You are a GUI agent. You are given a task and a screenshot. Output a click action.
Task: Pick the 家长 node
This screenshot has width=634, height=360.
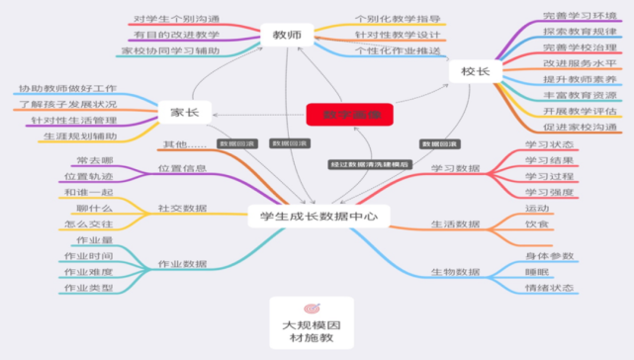(185, 112)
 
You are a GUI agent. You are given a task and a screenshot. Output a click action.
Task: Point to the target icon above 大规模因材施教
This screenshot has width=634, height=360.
(312, 309)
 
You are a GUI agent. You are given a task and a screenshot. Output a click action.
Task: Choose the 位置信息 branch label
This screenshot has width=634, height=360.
(182, 169)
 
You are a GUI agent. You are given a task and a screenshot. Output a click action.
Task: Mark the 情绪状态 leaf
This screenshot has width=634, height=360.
(549, 289)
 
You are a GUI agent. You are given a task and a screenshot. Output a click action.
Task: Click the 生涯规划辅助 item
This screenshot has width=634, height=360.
(80, 135)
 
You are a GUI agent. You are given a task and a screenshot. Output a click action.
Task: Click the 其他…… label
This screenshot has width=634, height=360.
(186, 145)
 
